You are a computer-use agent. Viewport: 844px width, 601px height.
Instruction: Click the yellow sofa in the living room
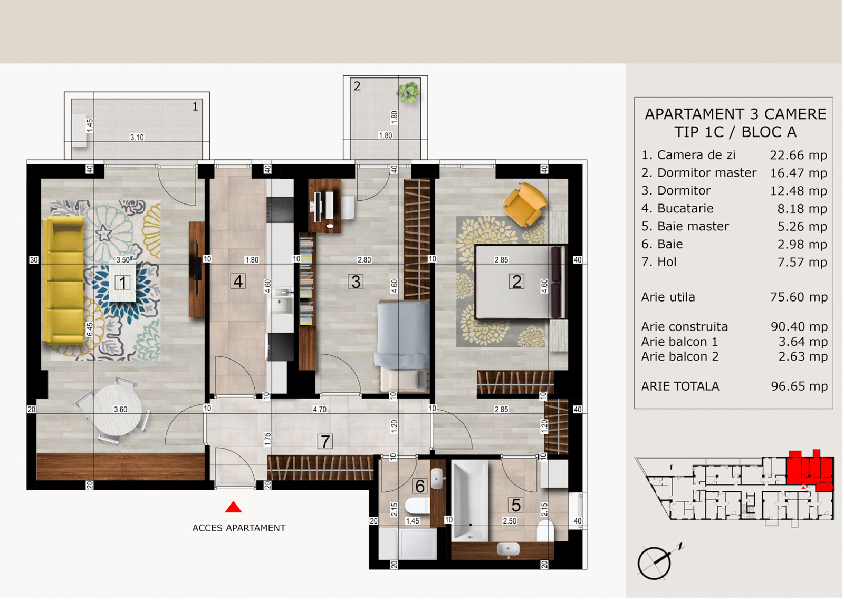click(63, 280)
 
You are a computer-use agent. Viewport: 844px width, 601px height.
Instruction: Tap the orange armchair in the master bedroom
click(525, 204)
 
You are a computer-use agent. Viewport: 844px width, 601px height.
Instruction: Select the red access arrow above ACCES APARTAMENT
click(233, 507)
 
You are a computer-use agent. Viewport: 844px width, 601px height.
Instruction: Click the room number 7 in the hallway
click(325, 441)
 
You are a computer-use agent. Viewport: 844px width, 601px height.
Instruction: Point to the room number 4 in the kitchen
click(238, 281)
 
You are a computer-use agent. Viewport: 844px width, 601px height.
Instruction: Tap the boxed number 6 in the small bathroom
click(420, 486)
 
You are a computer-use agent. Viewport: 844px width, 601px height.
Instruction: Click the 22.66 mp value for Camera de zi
click(799, 155)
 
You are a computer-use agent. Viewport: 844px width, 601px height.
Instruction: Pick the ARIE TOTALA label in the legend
click(680, 386)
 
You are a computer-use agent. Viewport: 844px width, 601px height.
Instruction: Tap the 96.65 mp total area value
click(799, 386)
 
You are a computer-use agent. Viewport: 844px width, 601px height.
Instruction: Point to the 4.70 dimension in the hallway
click(320, 409)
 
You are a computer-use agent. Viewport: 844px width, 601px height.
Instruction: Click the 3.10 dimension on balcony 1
click(137, 138)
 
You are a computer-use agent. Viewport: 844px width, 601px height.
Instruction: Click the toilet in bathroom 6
click(417, 506)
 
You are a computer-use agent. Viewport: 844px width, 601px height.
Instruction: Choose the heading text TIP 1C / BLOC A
click(735, 132)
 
